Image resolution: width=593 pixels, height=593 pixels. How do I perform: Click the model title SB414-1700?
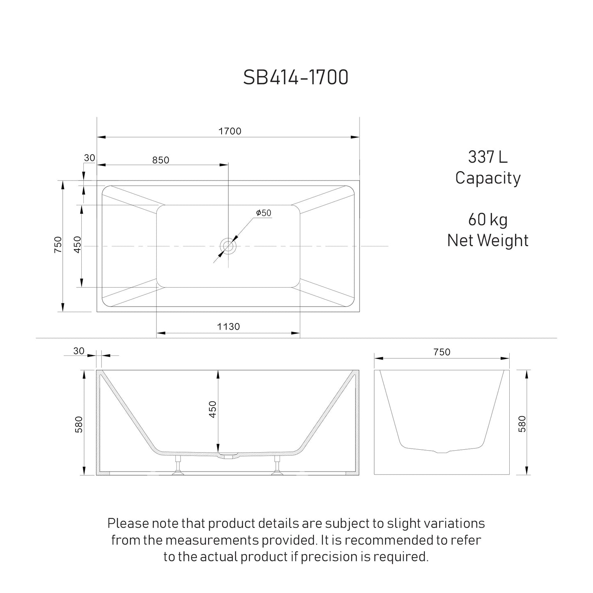coord(296,77)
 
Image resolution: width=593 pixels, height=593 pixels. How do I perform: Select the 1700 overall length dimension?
coord(230,131)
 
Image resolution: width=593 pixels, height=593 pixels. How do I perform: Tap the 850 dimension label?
coord(160,160)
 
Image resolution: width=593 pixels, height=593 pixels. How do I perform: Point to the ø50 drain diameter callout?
coord(263,213)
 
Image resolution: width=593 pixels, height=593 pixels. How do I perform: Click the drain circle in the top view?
coord(228,246)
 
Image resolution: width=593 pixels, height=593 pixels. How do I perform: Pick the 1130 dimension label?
coord(228,327)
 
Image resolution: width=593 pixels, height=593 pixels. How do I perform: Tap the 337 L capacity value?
coord(488,157)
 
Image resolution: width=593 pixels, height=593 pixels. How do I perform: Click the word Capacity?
coord(488,178)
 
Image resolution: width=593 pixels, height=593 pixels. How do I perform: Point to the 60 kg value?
coord(488,220)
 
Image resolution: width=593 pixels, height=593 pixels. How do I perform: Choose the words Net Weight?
coord(488,240)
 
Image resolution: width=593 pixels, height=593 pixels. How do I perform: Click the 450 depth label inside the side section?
coord(213,409)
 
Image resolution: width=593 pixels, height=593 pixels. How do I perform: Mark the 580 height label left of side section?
coord(79,424)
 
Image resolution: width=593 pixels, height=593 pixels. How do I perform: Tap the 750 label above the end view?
coord(442,352)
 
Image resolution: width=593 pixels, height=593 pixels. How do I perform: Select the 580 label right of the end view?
coord(522,424)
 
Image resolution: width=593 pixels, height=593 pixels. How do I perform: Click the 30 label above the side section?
coord(78,351)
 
